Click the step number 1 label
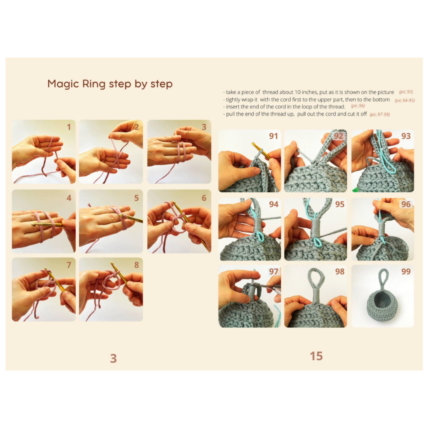pos(69,127)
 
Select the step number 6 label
pos(204,198)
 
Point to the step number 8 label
pos(137,265)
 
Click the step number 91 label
pos(273,136)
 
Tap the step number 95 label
pos(340,204)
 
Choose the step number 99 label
pos(406,271)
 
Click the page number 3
pos(113,358)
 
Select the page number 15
pos(316,356)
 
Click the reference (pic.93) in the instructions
pos(406,92)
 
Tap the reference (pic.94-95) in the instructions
pos(405,100)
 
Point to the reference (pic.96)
pos(358,106)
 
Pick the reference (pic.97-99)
pos(380,115)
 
